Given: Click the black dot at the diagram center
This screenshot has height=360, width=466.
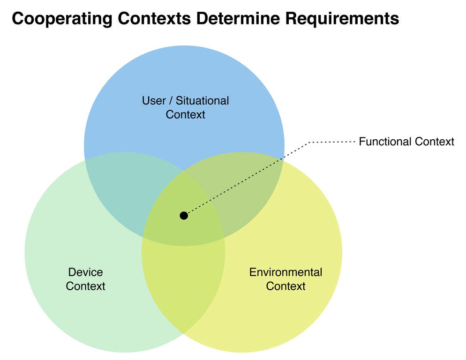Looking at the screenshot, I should [x=184, y=216].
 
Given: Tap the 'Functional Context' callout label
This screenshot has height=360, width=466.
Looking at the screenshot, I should [x=406, y=142].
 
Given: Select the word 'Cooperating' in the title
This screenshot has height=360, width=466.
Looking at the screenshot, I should [x=57, y=19].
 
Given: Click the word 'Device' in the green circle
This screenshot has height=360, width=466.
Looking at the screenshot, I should [x=85, y=272].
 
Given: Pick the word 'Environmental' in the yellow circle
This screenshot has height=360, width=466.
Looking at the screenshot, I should [x=286, y=272].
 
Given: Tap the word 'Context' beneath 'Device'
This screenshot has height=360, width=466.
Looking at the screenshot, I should [x=85, y=286].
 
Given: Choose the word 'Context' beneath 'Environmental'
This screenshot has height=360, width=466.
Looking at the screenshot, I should [x=286, y=286].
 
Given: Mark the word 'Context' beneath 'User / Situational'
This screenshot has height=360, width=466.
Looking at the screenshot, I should [x=186, y=114].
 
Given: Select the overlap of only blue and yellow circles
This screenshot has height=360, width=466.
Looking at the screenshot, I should [x=248, y=187].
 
